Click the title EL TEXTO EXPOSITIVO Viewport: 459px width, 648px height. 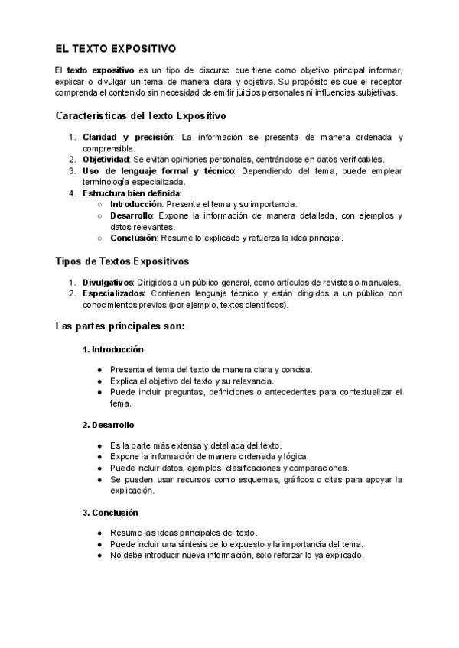coord(116,47)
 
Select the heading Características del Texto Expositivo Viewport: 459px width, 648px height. coord(141,116)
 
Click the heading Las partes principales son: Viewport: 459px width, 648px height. coord(120,326)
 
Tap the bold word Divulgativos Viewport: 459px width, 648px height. coord(109,283)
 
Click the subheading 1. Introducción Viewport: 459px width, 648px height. coord(113,349)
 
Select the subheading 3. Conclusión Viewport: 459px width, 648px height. coord(110,512)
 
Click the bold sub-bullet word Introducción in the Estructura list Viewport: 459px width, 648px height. coord(136,205)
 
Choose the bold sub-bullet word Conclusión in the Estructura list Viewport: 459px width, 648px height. coord(134,238)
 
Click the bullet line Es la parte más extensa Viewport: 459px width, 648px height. coord(195,446)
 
